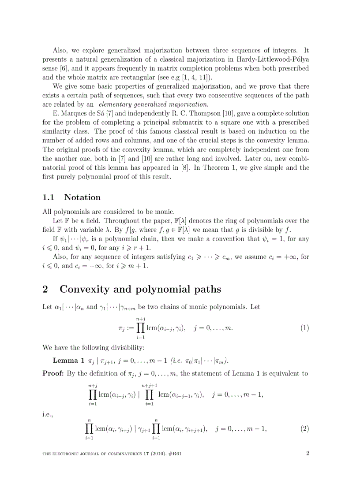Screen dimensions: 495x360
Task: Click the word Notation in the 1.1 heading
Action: (x=82, y=197)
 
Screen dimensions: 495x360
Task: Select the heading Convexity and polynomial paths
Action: (x=140, y=289)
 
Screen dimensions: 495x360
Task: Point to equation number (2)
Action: (x=304, y=428)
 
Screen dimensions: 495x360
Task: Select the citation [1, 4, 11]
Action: (x=200, y=77)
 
